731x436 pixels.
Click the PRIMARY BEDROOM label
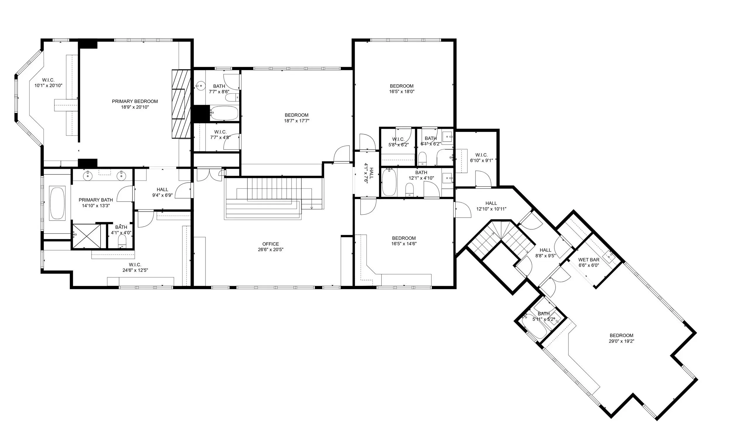click(135, 101)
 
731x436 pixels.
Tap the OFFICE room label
click(270, 244)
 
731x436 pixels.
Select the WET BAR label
click(589, 260)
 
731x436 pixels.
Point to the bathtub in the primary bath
click(58, 203)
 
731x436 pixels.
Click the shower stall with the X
click(86, 236)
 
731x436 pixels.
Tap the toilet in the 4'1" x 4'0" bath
click(122, 242)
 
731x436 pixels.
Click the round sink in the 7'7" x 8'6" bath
click(201, 86)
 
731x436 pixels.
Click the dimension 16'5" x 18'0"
click(401, 91)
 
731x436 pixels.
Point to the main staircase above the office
click(275, 194)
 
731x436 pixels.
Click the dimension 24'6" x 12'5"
click(135, 270)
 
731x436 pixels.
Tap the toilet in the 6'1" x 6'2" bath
click(422, 158)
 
